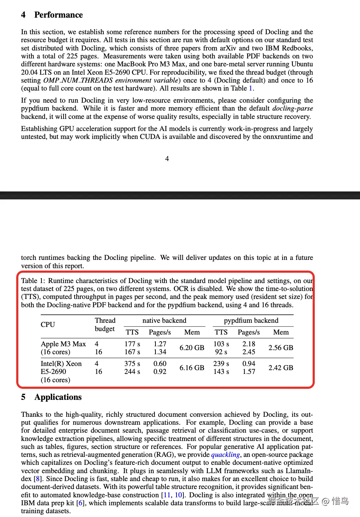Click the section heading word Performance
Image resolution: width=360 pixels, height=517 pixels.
[58, 15]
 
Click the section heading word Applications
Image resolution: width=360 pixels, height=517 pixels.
[58, 397]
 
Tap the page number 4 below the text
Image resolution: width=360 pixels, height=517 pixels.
[167, 159]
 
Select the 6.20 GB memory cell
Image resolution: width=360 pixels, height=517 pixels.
[192, 348]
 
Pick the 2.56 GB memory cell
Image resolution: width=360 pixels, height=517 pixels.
[281, 348]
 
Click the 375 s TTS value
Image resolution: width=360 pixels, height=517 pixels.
[132, 364]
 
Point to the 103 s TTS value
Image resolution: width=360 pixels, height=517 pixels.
[221, 344]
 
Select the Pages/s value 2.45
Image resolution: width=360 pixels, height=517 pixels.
[249, 352]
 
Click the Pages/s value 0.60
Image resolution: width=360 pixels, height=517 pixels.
[160, 364]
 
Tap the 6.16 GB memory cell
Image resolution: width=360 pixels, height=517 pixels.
[192, 368]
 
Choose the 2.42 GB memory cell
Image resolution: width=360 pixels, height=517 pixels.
[281, 368]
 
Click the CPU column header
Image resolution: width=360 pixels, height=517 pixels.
[48, 325]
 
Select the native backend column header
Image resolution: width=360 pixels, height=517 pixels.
[164, 321]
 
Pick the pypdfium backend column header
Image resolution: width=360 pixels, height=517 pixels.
[251, 321]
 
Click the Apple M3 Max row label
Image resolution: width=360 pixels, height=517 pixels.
[63, 344]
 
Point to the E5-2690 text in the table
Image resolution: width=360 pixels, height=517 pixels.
[53, 372]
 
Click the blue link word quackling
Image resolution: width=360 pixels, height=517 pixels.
[225, 454]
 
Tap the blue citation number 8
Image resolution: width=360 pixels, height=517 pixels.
[37, 479]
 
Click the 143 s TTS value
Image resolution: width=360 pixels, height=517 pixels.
[221, 372]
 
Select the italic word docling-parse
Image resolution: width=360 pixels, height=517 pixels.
[293, 108]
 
